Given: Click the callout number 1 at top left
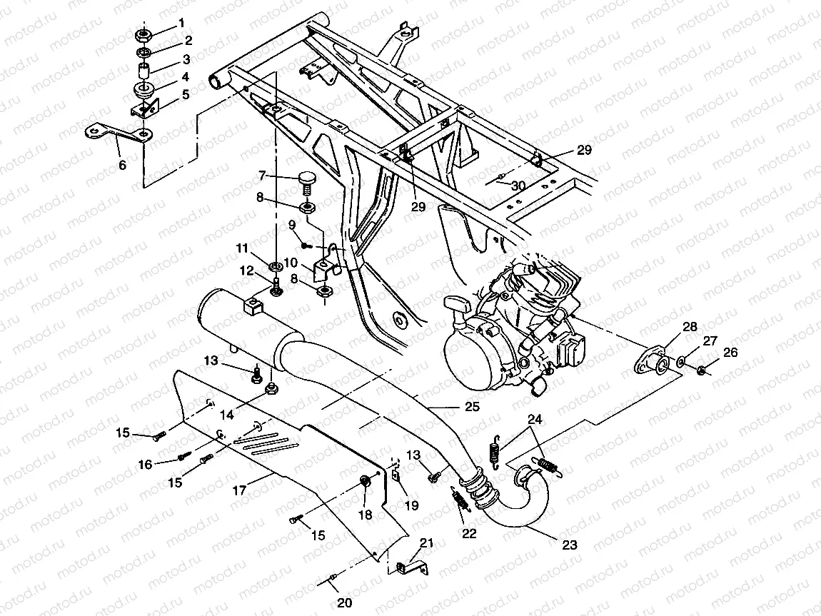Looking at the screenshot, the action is (181, 23).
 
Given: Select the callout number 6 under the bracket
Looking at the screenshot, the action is (123, 165).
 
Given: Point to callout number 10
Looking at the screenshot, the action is (291, 263).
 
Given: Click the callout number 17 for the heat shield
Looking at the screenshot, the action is (239, 490).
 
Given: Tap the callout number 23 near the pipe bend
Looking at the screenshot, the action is (569, 545).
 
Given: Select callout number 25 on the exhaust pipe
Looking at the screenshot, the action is (472, 407).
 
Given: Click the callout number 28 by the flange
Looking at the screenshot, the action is (690, 327).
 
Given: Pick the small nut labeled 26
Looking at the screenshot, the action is (702, 370).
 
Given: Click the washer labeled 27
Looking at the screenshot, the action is (681, 361).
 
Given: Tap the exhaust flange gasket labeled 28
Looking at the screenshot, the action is (651, 363).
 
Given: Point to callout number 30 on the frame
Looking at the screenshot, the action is (518, 186).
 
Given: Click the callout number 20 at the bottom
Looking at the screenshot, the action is (344, 603).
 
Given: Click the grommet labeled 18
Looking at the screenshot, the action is (364, 481).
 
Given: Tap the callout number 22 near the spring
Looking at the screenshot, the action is (469, 532).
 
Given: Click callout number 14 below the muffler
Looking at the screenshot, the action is (226, 415).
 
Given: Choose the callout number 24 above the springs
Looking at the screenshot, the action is (535, 419).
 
